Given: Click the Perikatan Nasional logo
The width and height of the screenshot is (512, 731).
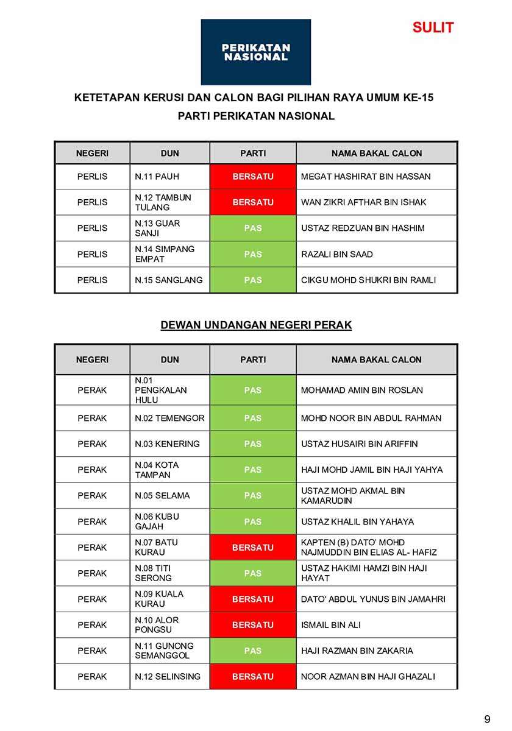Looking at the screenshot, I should (255, 52).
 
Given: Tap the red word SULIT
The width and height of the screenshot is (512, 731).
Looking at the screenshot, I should (433, 27).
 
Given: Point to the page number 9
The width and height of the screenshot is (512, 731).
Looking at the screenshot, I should (487, 719).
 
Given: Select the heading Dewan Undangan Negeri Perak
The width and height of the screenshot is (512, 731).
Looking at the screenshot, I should (256, 325).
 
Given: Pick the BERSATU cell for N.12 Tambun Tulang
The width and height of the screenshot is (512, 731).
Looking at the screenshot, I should (253, 202).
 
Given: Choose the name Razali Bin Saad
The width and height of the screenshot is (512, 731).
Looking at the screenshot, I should (337, 254).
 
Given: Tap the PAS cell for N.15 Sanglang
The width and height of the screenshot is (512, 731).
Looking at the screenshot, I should (253, 280).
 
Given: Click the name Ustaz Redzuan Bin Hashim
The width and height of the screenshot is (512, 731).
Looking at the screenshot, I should (363, 228).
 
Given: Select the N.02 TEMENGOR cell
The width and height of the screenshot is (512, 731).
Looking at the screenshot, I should (169, 418).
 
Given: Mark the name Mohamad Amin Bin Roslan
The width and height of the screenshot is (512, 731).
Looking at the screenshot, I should (361, 390).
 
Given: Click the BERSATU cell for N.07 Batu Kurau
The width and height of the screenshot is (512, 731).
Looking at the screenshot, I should (253, 548).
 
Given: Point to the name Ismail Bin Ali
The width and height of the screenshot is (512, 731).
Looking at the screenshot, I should (331, 625).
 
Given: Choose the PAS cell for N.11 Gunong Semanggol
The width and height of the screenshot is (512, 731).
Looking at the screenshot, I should (253, 651).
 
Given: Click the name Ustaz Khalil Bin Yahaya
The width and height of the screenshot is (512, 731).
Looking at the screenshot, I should (357, 522).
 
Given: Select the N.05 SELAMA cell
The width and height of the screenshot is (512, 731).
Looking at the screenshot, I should (162, 496).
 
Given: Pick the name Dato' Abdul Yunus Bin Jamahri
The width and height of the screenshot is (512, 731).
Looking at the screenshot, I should (373, 599).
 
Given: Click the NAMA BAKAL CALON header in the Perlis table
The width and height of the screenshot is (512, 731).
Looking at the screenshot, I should (377, 154).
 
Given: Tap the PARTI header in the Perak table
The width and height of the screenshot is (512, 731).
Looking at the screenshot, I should (253, 360).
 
